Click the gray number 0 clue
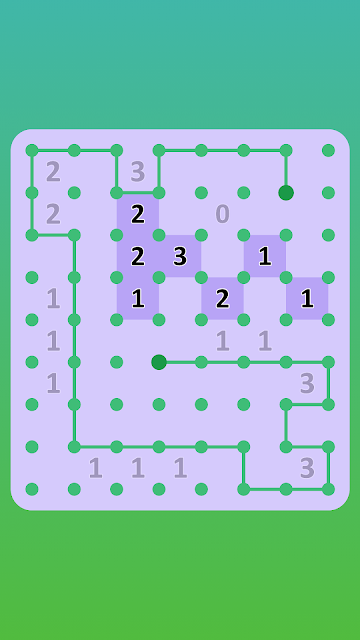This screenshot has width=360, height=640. click(222, 214)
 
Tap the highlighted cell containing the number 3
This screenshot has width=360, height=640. click(180, 256)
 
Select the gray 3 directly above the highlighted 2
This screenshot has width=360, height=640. click(138, 172)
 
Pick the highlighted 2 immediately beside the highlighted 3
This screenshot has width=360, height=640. click(138, 256)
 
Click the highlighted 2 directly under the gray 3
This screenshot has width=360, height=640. click(138, 214)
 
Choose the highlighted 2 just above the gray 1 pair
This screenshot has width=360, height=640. click(222, 299)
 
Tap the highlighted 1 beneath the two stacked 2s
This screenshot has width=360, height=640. click(138, 299)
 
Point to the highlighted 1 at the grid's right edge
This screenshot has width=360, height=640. click(307, 299)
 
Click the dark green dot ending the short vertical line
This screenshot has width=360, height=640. click(286, 193)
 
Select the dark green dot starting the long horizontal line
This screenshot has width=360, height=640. click(159, 362)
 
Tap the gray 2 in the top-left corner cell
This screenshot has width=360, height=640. click(53, 172)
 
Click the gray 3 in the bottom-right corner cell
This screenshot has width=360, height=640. click(307, 468)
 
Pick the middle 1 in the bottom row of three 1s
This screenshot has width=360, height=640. click(138, 468)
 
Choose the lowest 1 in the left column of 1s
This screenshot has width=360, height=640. click(53, 383)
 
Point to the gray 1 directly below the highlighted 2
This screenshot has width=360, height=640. click(222, 341)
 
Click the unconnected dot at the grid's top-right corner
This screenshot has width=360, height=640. click(328, 151)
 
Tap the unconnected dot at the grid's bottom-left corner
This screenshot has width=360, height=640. click(32, 489)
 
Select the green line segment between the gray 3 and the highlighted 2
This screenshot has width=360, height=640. click(138, 192)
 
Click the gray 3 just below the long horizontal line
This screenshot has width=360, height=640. click(307, 383)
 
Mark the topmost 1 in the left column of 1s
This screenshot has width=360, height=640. click(53, 299)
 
